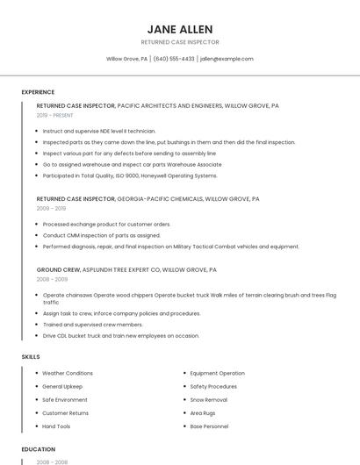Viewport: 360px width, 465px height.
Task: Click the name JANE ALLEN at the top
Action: pos(180,29)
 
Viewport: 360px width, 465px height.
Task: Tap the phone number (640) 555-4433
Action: pos(174,59)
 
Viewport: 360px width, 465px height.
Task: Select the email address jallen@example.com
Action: pos(227,59)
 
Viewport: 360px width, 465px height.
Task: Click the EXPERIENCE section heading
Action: pos(38,92)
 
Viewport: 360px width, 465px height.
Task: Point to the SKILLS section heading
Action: pos(31,357)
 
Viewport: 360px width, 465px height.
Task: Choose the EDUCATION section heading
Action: pos(39,449)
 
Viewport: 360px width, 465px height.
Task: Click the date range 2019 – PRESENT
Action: pos(55,115)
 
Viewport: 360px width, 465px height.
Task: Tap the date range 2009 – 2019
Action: pos(51,209)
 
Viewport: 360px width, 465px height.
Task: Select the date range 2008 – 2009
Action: pos(51,279)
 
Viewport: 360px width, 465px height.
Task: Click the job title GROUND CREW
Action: pos(58,269)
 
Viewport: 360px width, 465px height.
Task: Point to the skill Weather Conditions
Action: pos(68,373)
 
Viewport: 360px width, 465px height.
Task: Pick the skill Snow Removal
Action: pos(208,399)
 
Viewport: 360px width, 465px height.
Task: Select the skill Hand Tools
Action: pos(56,426)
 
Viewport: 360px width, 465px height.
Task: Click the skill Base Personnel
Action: pos(209,426)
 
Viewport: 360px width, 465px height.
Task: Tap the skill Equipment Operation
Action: pos(217,373)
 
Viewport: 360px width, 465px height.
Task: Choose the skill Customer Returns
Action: pos(66,413)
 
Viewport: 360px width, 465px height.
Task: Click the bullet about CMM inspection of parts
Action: pos(102,235)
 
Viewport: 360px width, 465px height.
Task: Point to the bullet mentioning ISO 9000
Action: pos(130,175)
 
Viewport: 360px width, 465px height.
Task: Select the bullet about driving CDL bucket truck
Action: pos(121,335)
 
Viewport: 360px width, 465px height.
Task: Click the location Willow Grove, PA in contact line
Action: pos(126,59)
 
